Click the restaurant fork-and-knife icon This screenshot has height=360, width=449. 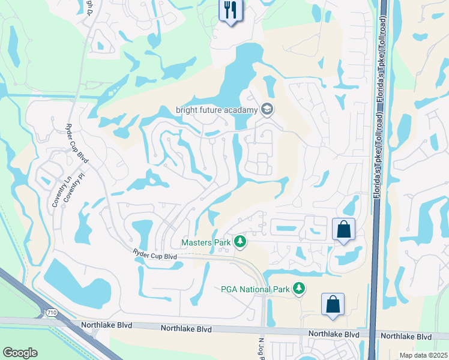click(231, 10)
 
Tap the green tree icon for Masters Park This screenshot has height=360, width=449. click(240, 242)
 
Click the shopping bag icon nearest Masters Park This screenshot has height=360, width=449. click(343, 229)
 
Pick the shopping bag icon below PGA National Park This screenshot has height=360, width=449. click(333, 304)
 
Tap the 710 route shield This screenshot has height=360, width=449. click(50, 312)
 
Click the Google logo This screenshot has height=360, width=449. click(20, 352)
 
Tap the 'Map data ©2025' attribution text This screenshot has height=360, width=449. click(423, 355)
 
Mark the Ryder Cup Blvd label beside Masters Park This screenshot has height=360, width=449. click(155, 256)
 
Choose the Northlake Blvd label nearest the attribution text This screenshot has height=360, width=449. click(406, 337)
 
